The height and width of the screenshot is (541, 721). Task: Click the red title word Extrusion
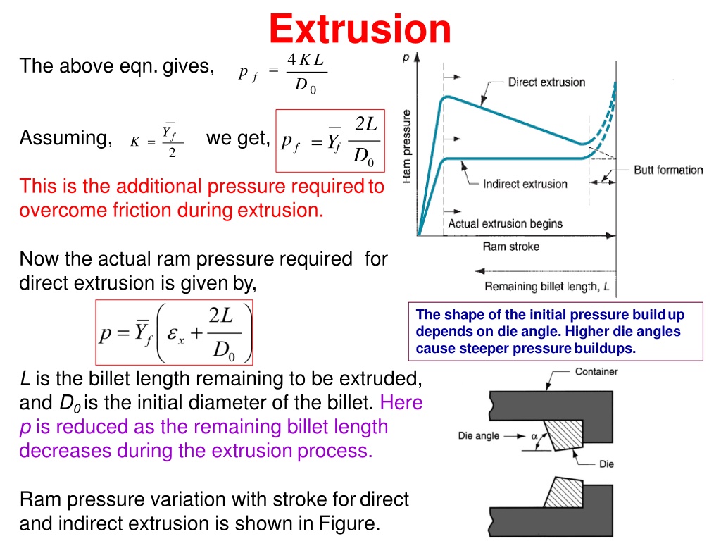[x=360, y=28]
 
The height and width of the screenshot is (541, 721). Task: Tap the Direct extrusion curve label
[x=546, y=82]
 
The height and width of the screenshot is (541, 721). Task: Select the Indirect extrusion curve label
[x=525, y=184]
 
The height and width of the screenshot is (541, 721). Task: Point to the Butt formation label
[x=668, y=170]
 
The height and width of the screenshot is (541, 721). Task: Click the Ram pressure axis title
[x=406, y=147]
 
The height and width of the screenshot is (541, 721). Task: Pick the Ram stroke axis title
[x=511, y=247]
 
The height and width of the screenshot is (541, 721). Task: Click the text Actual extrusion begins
[x=506, y=223]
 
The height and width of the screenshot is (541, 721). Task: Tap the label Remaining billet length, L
[x=547, y=287]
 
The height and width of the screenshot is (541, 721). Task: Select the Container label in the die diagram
[x=596, y=372]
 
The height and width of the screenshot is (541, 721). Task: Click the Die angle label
[x=479, y=435]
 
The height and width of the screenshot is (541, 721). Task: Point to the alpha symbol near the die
[x=534, y=436]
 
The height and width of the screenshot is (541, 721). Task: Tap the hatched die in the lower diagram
[x=564, y=492]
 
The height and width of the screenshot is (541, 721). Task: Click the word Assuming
[x=65, y=137]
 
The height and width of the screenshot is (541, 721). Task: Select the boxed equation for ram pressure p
[x=175, y=332]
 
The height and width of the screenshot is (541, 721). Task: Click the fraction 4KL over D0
[x=306, y=73]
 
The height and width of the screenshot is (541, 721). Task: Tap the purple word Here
[x=401, y=402]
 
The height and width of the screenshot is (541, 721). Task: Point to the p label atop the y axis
[x=406, y=58]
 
